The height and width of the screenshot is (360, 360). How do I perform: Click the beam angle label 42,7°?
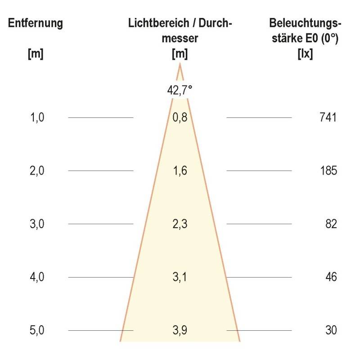180,90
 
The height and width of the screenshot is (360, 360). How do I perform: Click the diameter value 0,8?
180,118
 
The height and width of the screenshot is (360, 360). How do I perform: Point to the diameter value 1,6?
180,171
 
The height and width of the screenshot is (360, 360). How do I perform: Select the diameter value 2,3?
180,224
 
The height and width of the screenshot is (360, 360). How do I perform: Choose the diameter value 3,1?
180,277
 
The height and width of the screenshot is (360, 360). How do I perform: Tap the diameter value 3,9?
180,330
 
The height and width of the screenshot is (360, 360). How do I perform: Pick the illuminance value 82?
331,224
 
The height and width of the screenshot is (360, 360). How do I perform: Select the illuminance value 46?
331,277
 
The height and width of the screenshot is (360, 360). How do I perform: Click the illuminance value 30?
331,330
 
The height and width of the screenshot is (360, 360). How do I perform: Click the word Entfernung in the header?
36,23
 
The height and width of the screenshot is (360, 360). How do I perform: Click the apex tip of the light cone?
180,64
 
